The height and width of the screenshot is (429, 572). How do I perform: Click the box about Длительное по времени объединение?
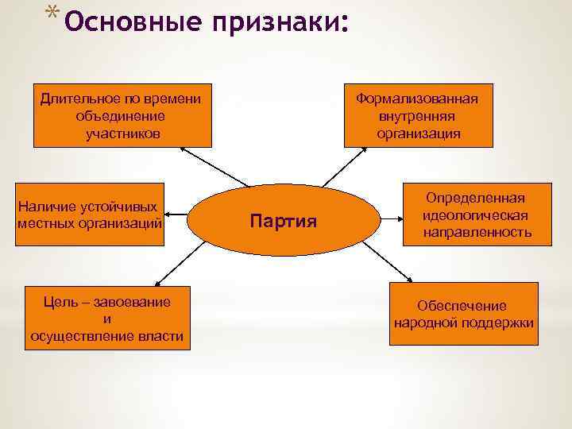coord(122,115)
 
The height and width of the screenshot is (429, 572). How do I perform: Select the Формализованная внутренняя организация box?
coord(418,115)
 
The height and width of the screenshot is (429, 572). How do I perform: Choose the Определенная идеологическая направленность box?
coord(476,214)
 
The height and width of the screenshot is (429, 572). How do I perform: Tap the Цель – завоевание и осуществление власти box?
coord(107,318)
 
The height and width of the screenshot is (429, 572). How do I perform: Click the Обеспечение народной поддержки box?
coord(463,315)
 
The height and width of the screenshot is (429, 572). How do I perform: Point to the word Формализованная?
coord(418,99)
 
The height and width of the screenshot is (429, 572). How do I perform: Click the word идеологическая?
coord(476,215)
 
